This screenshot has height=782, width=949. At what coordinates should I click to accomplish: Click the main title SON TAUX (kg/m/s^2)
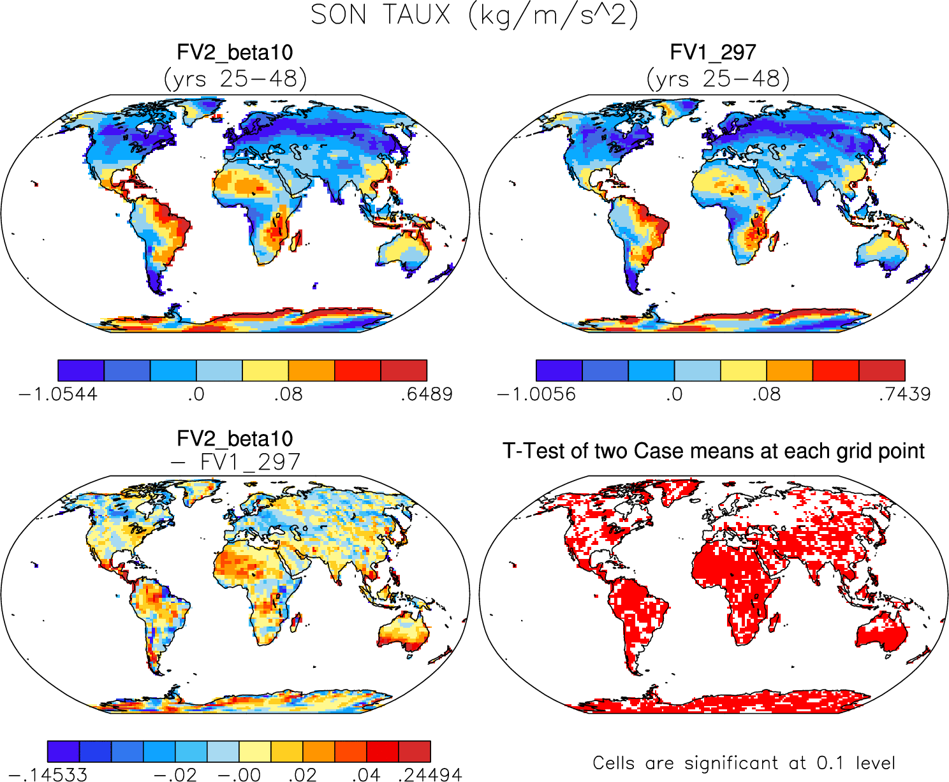[474, 15]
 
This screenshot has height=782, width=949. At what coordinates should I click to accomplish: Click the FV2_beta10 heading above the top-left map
[235, 52]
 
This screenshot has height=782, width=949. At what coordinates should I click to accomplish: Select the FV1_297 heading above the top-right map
[713, 52]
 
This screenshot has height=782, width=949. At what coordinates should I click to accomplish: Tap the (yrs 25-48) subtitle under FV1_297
[718, 79]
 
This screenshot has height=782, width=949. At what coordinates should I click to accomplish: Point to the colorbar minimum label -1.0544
[58, 395]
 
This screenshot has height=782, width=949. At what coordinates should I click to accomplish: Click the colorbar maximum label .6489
[427, 395]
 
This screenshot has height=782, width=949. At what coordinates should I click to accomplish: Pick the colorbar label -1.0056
[536, 395]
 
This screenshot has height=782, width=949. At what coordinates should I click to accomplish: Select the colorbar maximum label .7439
[904, 395]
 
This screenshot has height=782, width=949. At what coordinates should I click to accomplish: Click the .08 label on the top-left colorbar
[288, 395]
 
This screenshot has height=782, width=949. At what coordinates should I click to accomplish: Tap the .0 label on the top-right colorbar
[674, 395]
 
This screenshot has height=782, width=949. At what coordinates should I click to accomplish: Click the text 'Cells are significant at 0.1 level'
[744, 763]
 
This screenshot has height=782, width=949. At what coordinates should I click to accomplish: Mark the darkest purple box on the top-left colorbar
[81, 370]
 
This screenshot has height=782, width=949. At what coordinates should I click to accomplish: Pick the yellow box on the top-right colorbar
[744, 370]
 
